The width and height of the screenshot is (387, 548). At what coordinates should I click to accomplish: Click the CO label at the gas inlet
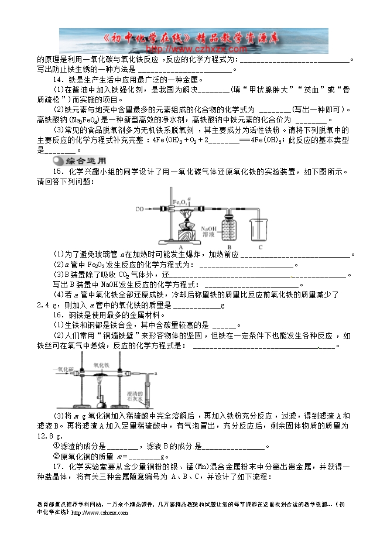[x=139, y=208]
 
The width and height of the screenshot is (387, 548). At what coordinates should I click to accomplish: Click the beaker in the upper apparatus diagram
[x=259, y=230]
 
